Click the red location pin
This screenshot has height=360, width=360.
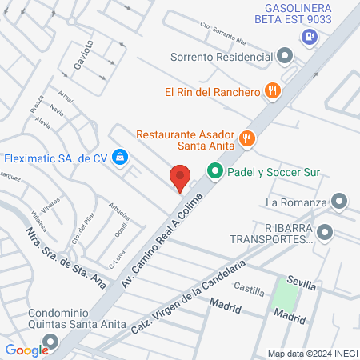pos(180,177)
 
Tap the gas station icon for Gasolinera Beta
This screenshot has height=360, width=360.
pos(310,37)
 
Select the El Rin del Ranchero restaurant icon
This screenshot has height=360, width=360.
pos(273,91)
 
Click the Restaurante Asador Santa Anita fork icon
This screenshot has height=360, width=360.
pos(246,138)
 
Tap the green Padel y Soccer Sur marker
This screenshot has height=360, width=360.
pos(214,171)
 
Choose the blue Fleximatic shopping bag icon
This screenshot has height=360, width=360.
pos(119,158)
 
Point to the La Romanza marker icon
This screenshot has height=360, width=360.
pos(340,201)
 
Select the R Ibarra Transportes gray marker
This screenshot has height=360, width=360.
pos(324,234)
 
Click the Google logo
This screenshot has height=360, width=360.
pos(26,350)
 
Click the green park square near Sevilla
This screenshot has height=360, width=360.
pos(284,296)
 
